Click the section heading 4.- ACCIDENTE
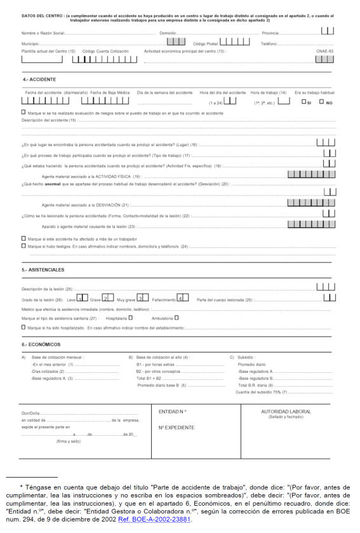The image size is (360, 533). (x=39, y=79)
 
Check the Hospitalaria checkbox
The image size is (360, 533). (x=130, y=318)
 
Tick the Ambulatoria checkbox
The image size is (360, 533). (x=177, y=318)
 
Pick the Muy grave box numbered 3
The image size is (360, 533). (x=140, y=297)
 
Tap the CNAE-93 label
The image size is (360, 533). (x=326, y=51)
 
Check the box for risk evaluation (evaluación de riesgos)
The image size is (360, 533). (x=23, y=112)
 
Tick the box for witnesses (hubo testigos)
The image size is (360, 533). (x=23, y=245)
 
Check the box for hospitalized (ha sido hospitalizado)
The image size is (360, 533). (x=23, y=328)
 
